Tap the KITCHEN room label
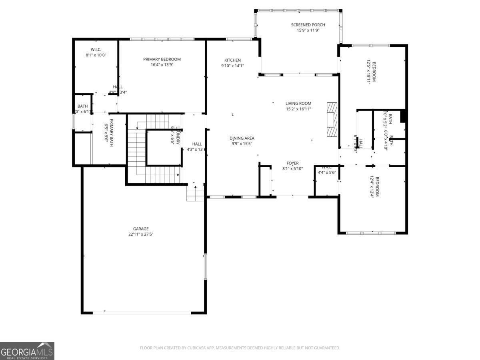click(x=232, y=60)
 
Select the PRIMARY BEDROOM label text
click(x=162, y=59)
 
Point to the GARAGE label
click(x=141, y=229)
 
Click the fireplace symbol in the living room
click(x=332, y=120)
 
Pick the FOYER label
click(x=292, y=163)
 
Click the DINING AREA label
click(x=242, y=138)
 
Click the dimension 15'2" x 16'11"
click(x=298, y=109)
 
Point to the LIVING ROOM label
click(x=298, y=103)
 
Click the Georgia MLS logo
click(x=27, y=351)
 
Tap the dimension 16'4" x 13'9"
click(x=162, y=64)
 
